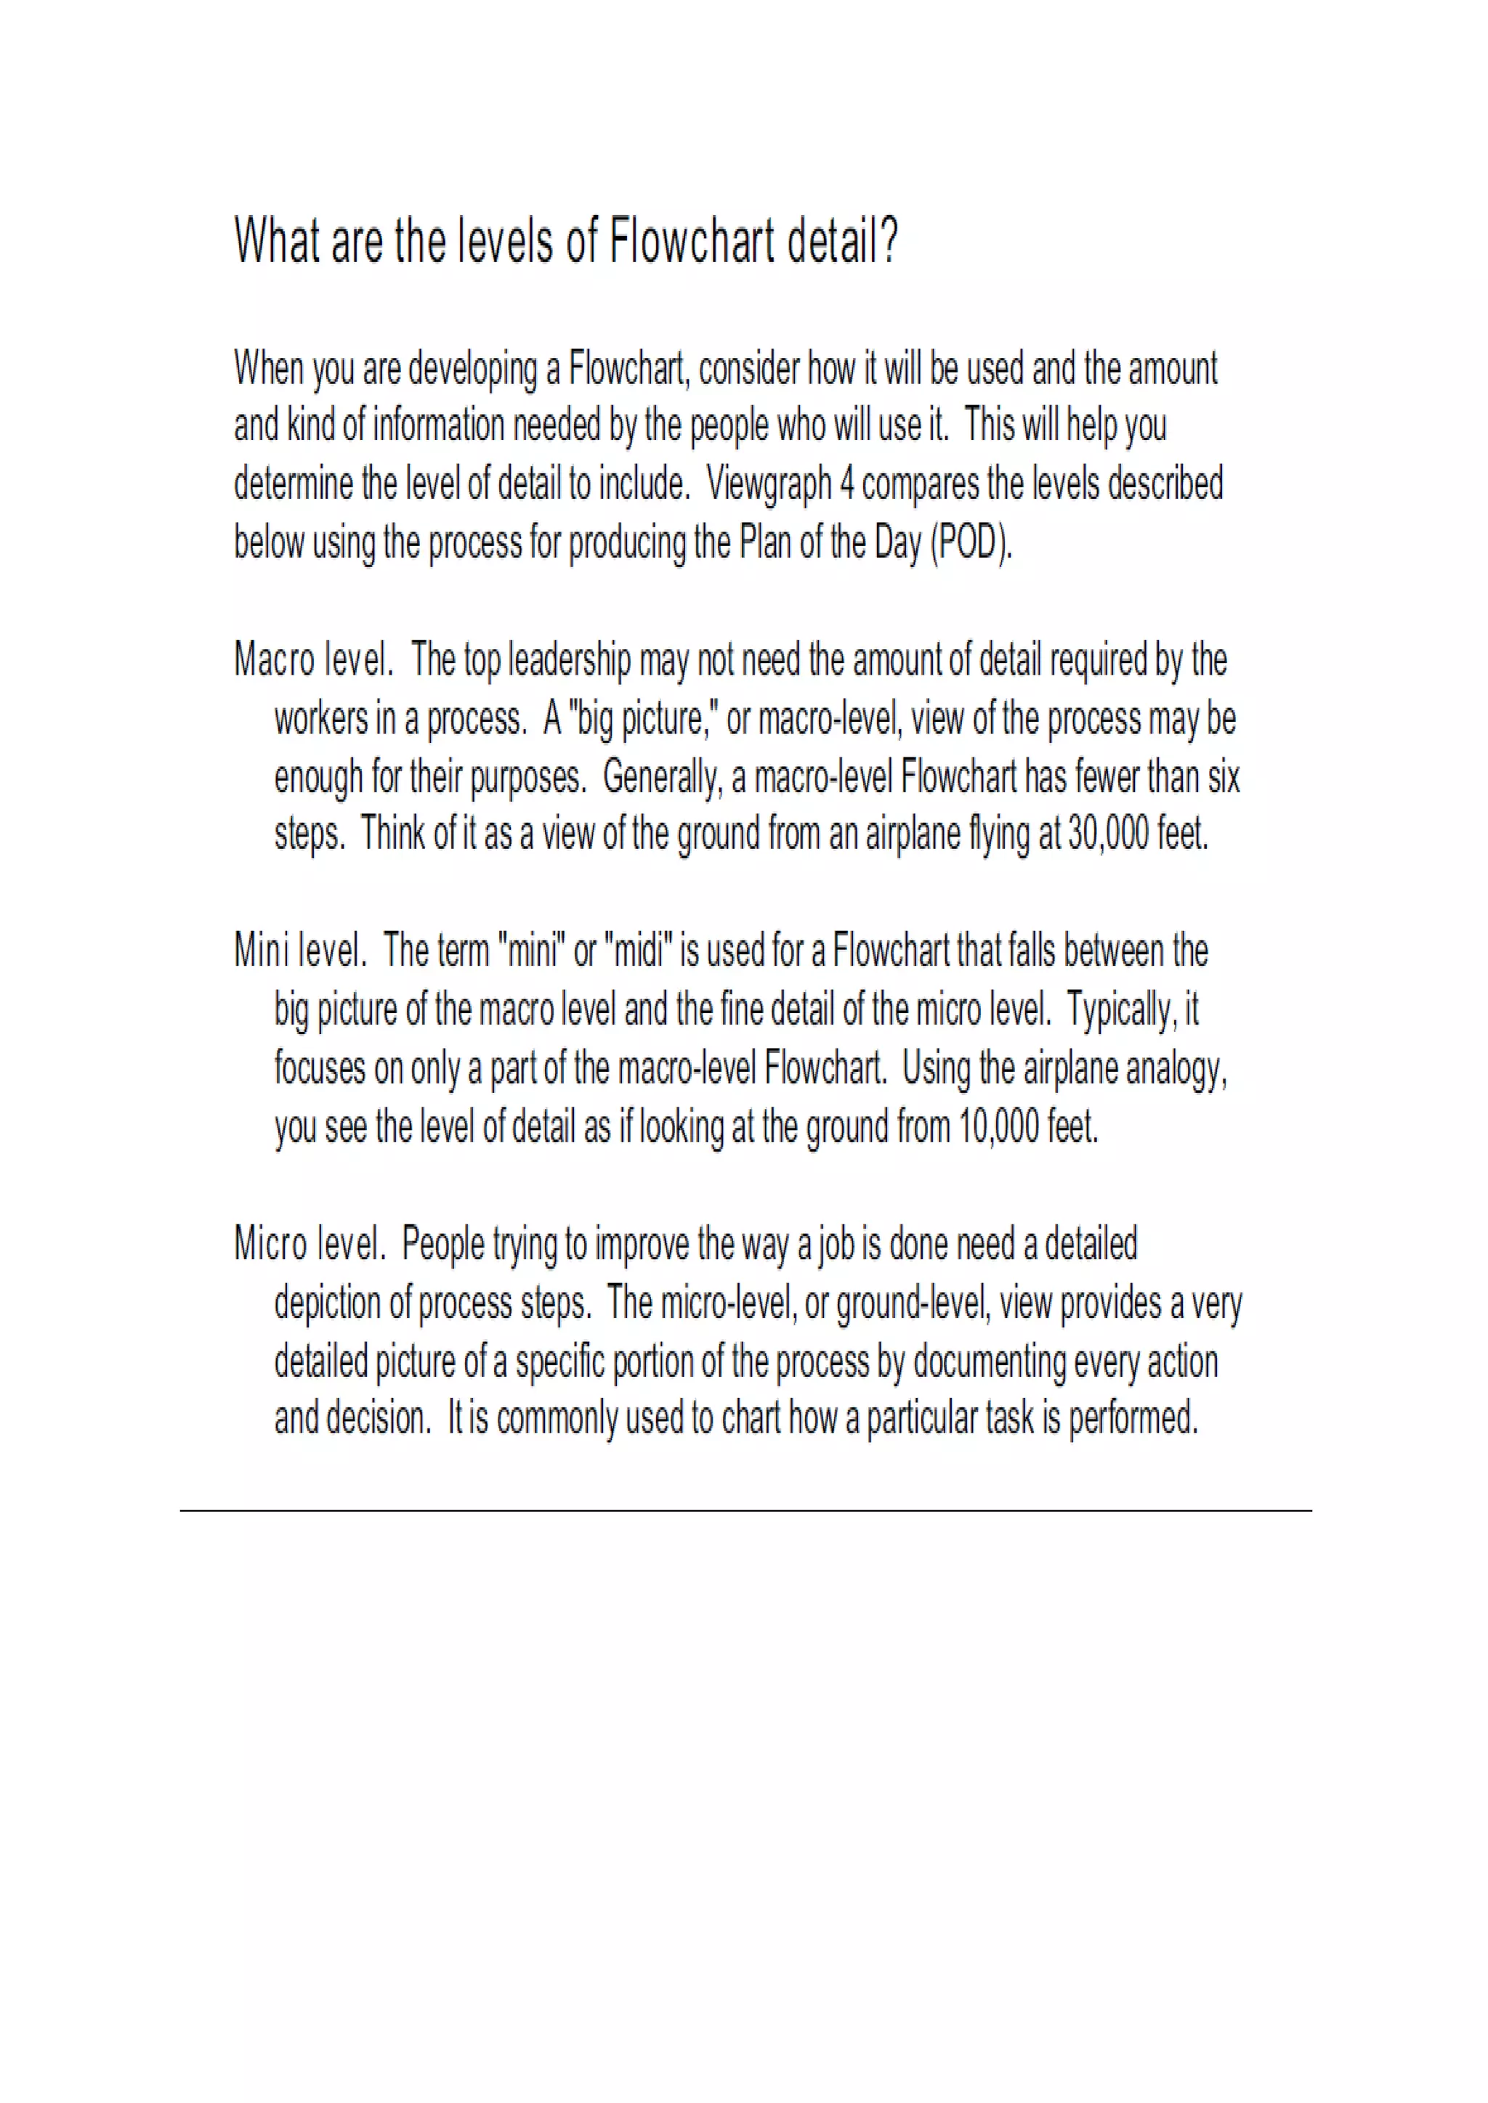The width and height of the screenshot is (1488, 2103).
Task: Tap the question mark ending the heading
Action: pyautogui.click(x=888, y=241)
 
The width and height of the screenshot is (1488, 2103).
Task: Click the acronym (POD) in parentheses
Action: pyautogui.click(x=970, y=543)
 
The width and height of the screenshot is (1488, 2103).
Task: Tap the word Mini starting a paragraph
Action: pyautogui.click(x=261, y=951)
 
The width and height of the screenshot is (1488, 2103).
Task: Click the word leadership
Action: pyautogui.click(x=569, y=660)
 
